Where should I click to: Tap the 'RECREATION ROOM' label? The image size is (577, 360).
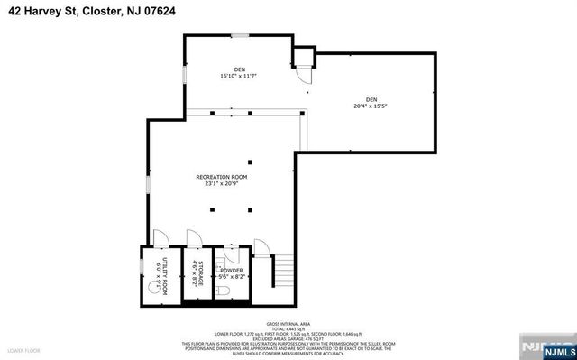pos(221,177)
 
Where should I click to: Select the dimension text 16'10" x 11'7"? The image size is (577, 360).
pos(239,76)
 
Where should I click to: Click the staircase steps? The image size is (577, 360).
pos(283,271)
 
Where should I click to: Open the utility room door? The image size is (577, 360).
pos(158,238)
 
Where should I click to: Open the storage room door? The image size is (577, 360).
pos(192,238)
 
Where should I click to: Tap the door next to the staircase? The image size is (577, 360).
pos(261,247)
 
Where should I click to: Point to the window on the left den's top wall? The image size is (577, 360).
pos(239,35)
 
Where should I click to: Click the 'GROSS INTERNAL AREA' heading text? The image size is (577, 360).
pos(288,322)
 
